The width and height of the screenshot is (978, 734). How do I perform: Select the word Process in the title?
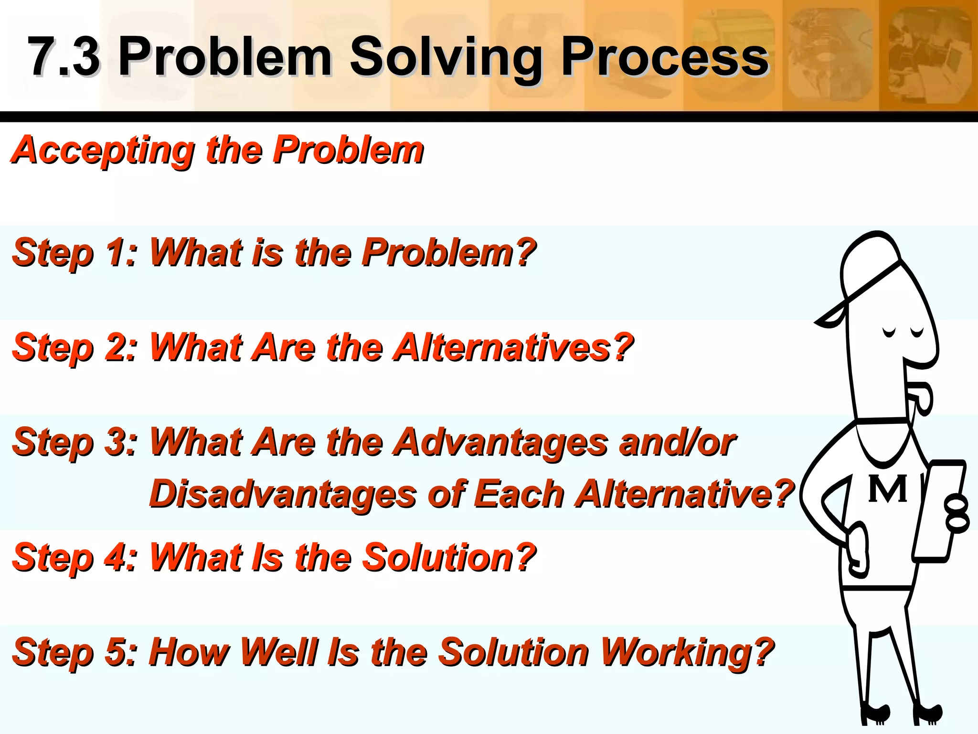click(x=664, y=56)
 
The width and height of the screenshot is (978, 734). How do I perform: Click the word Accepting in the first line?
click(x=103, y=150)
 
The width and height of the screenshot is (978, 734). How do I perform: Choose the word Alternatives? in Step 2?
click(x=513, y=347)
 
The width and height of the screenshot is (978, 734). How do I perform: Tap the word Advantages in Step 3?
click(x=501, y=442)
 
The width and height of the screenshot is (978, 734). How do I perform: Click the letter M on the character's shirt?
click(x=887, y=489)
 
